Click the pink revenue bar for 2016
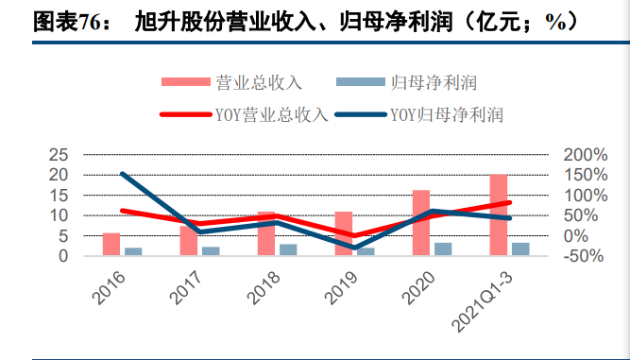coord(111,244)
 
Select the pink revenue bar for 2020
coord(421,223)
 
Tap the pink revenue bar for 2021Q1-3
coord(499,214)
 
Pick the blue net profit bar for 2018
coord(288,249)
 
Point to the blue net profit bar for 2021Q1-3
coord(520,249)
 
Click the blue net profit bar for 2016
coord(133,251)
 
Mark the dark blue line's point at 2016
coord(123,174)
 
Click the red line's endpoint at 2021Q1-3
coord(509,202)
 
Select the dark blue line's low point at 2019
coord(354,248)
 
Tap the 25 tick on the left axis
coord(60,155)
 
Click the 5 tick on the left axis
coord(64,236)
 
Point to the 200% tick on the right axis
coord(586,155)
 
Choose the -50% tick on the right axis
coord(584,256)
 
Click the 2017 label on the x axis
coord(187,287)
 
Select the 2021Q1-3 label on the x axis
coord(483,301)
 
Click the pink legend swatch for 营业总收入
coord(186,81)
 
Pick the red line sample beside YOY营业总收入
coord(186,114)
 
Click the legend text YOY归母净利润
coord(447,115)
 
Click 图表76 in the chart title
coord(66,22)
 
